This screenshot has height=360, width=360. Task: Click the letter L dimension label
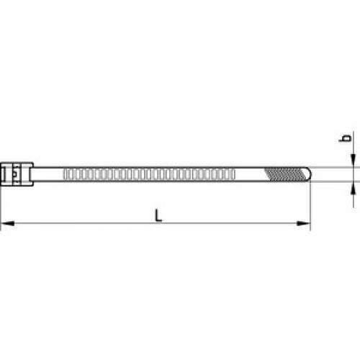point(158,215)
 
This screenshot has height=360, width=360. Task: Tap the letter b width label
point(346,138)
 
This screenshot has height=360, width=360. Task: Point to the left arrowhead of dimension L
point(8,223)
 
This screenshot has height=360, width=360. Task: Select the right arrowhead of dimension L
point(303,223)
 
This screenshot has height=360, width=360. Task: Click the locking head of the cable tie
point(17,174)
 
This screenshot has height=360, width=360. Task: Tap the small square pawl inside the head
point(15,174)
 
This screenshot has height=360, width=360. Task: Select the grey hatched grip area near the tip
point(285,174)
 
